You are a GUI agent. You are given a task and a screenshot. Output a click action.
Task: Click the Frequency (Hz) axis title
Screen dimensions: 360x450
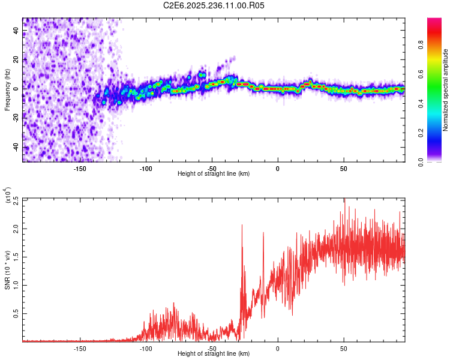[8, 90]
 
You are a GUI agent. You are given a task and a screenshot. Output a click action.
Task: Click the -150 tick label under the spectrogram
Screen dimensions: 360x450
[80, 168]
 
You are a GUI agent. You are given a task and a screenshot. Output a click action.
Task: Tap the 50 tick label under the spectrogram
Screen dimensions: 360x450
[343, 168]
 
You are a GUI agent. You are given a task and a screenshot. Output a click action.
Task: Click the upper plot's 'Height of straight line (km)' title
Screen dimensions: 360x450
[214, 174]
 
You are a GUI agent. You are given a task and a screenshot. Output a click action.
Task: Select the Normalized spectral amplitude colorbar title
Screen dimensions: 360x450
[445, 90]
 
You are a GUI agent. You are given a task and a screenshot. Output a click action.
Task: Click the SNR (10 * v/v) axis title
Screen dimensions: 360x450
[8, 270]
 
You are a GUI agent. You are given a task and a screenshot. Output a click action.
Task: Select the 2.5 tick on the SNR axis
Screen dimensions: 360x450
[15, 199]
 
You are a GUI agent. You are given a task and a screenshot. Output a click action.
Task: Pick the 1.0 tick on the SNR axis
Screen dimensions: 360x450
[15, 285]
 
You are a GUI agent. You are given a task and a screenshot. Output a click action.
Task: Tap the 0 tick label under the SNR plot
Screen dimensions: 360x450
[278, 348]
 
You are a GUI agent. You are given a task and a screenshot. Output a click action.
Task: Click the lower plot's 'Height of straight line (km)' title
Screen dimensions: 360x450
[214, 354]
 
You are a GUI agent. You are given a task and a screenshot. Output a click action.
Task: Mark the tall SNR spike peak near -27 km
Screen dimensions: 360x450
[242, 225]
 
